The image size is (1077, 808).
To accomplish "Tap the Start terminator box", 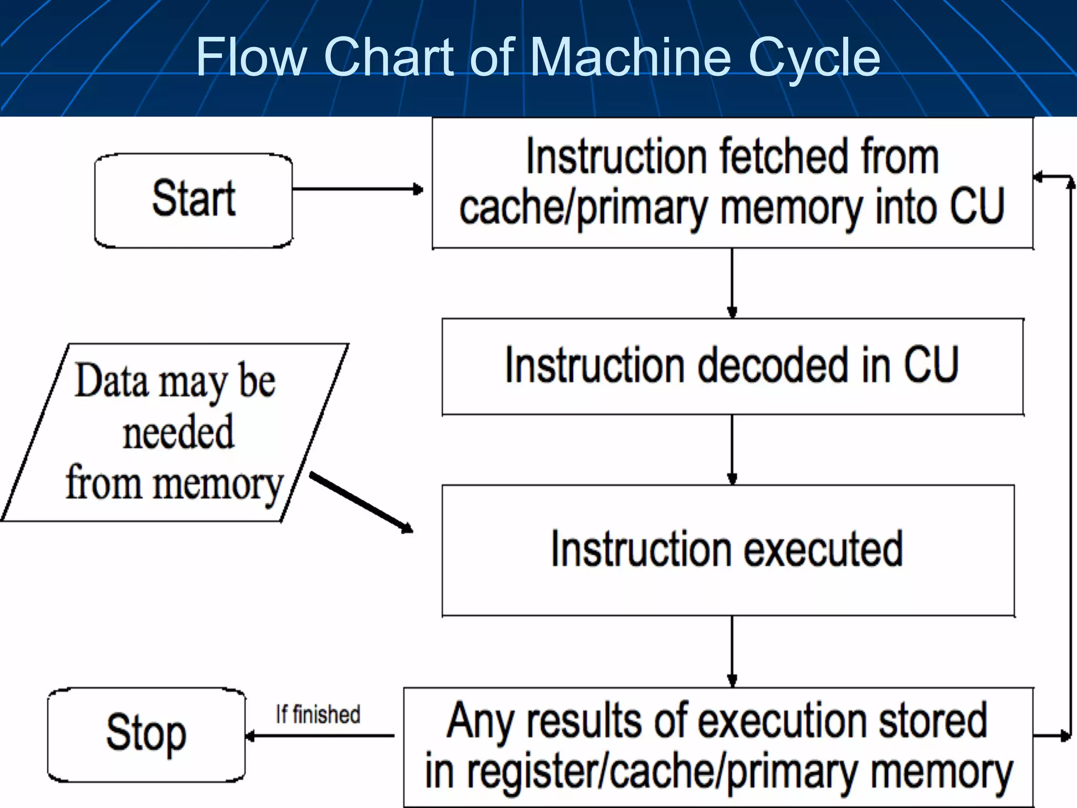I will point(194,200).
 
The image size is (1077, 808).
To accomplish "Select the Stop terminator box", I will point(146,734).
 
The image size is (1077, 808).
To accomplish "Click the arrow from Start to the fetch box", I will point(358,189).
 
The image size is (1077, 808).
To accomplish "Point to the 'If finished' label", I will point(318,714).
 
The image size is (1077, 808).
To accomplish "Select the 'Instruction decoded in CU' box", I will point(732,366).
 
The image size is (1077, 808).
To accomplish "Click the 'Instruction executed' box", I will point(728,550).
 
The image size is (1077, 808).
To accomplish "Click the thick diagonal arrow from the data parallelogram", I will point(361,502).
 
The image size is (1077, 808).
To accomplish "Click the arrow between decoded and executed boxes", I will point(732,449).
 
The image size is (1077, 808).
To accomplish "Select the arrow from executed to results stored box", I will point(732,651).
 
